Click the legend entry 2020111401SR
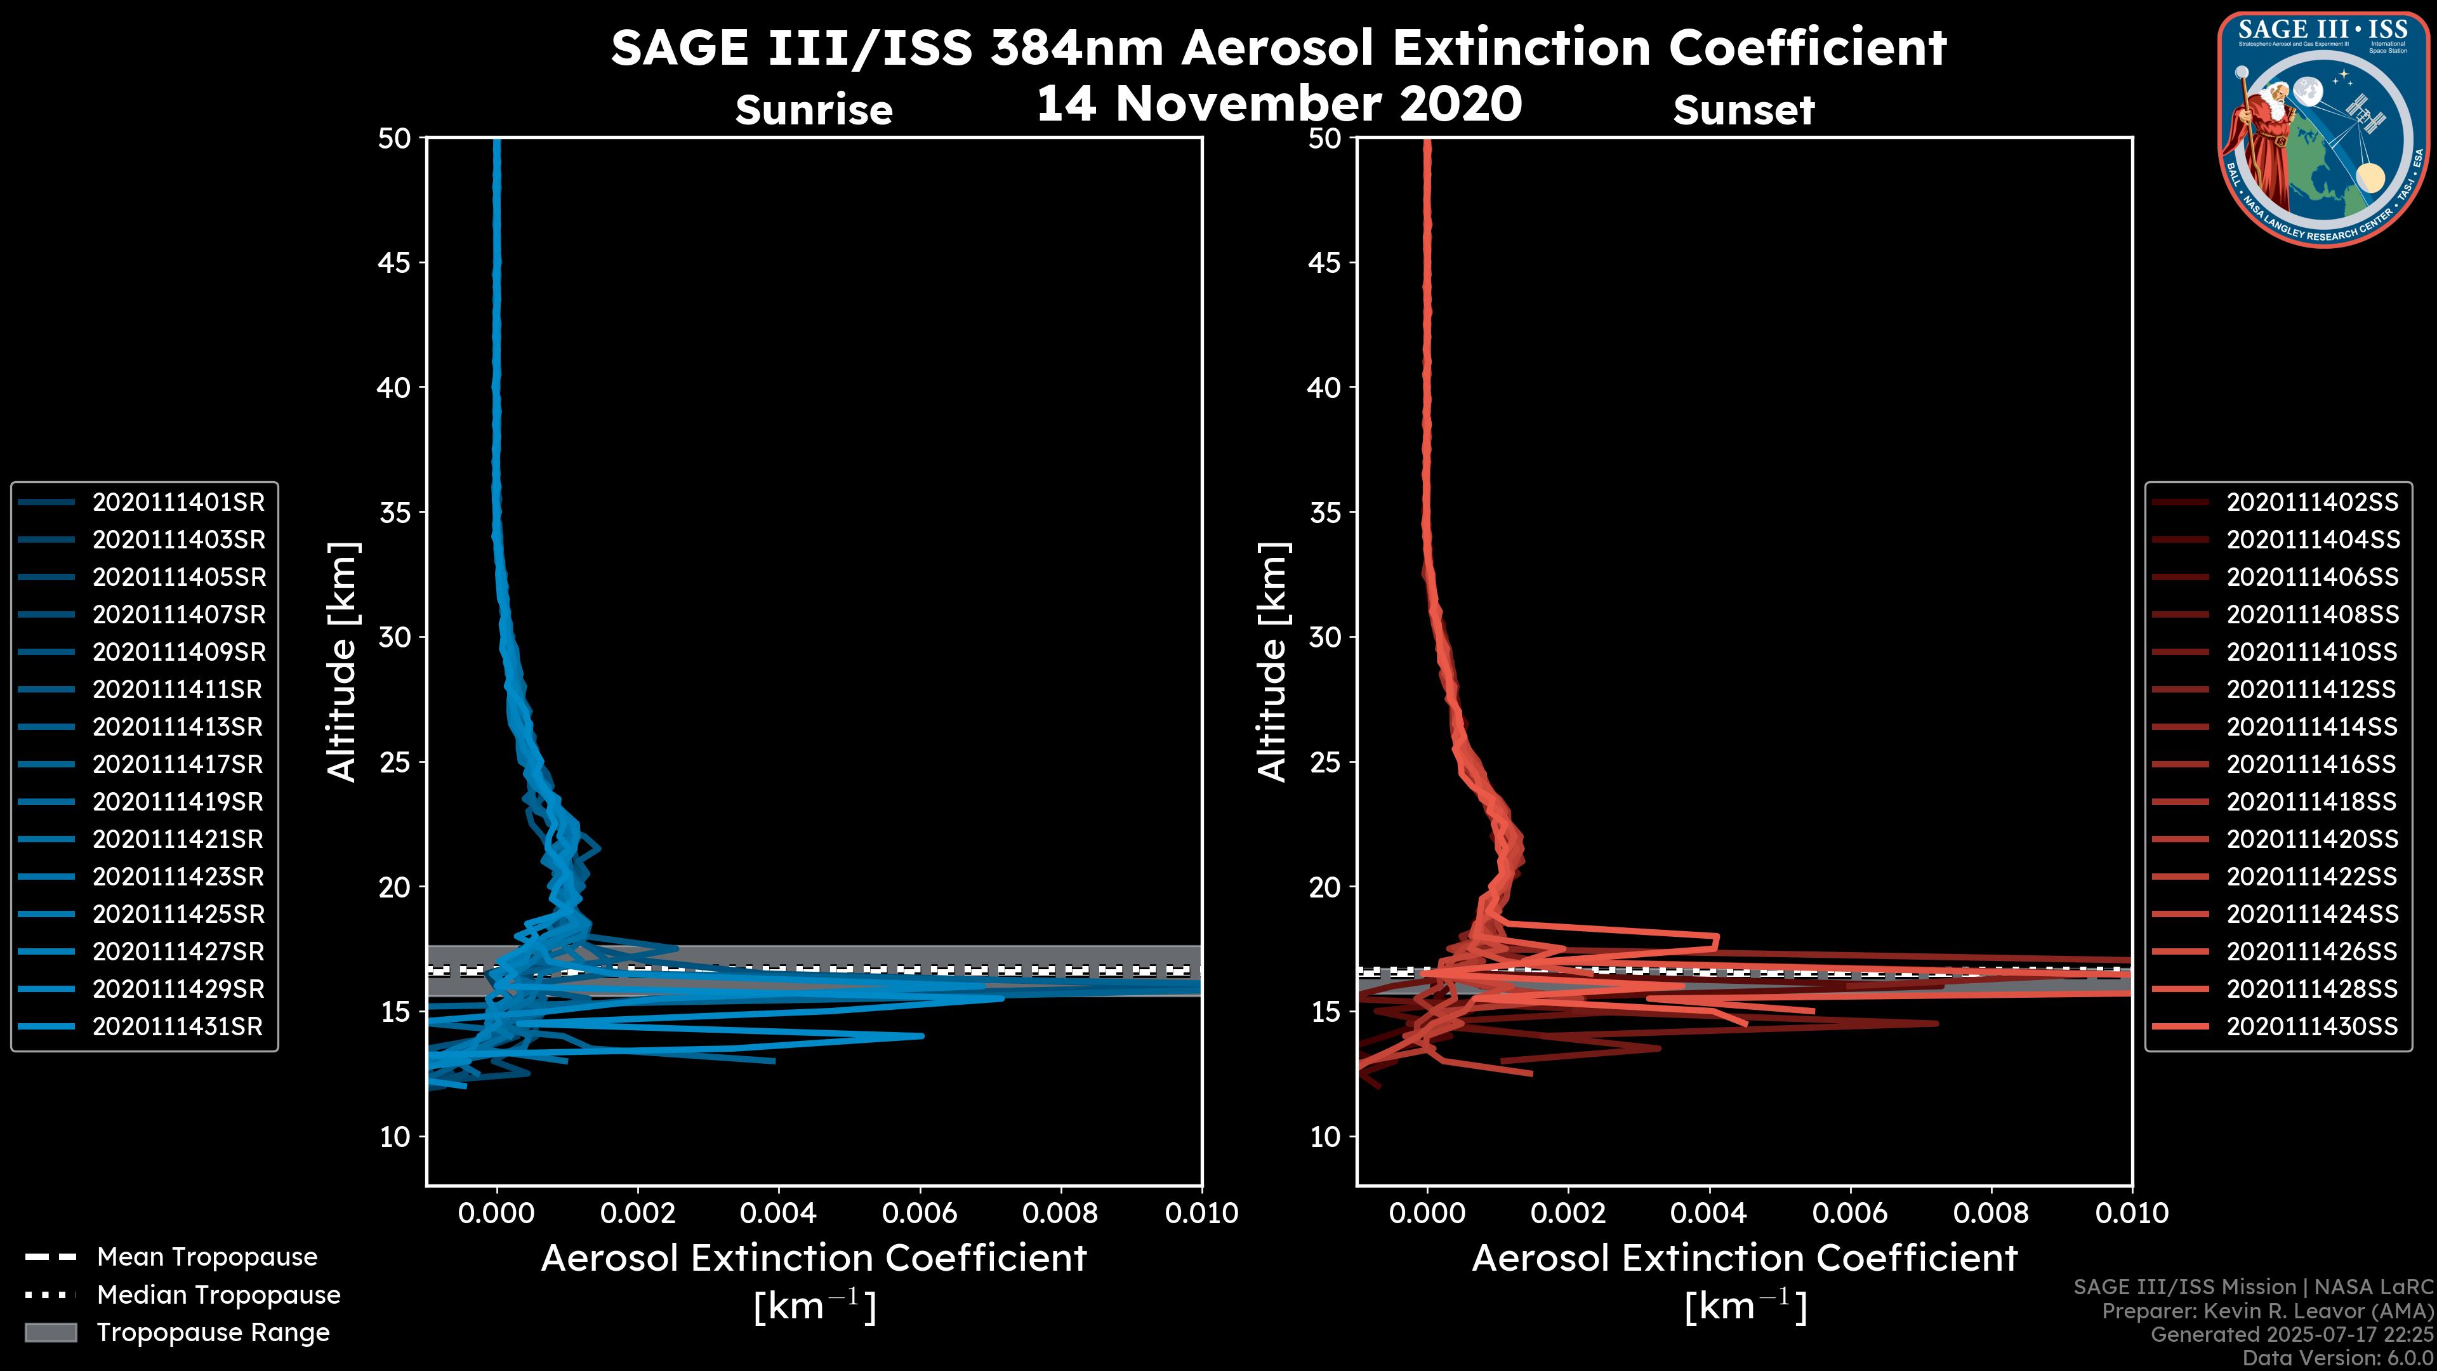click(x=178, y=503)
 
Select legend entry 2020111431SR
click(x=177, y=1026)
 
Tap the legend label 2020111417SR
click(x=177, y=764)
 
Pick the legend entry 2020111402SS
click(x=2312, y=503)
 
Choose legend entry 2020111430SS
click(x=2312, y=1026)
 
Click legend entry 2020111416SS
click(x=2312, y=764)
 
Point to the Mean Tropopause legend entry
click(x=206, y=1257)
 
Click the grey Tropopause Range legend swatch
click(x=51, y=1332)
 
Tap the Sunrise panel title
click(x=814, y=110)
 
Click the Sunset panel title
click(x=1743, y=110)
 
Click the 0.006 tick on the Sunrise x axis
click(x=920, y=1213)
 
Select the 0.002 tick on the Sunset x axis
click(x=1568, y=1213)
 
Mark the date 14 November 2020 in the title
click(x=1279, y=104)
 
